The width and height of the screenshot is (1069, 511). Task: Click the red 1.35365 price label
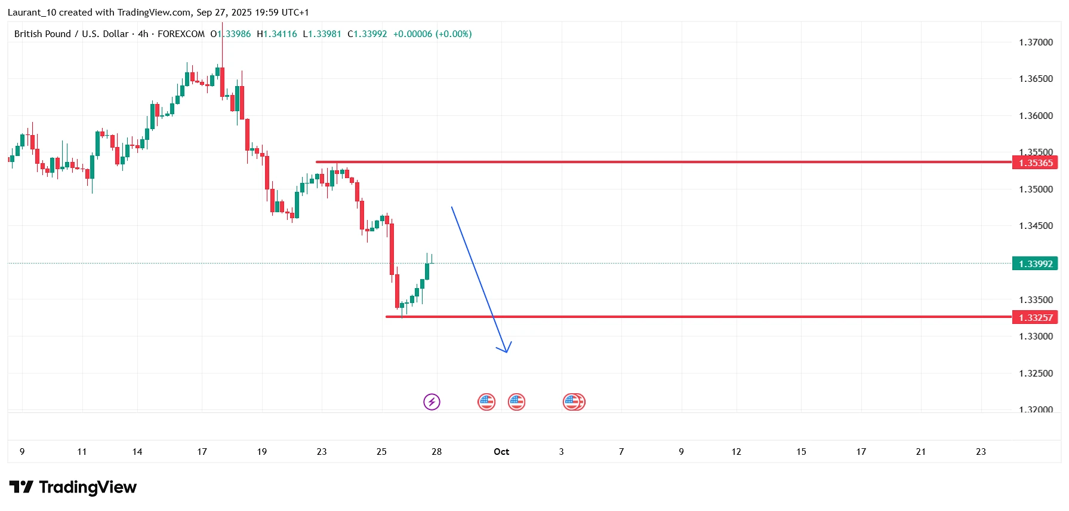(1035, 163)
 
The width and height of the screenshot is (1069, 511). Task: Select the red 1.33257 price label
(1035, 317)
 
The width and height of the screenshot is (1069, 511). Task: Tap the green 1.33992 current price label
(1035, 264)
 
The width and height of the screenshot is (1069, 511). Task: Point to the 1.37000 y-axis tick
(1036, 42)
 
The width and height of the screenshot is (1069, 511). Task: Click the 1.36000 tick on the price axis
(1036, 116)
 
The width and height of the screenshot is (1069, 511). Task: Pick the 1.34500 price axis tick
(1036, 226)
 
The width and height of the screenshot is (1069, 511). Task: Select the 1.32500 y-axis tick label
(1036, 374)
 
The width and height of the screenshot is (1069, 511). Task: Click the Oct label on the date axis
(501, 452)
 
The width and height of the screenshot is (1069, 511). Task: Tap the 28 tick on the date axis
(436, 452)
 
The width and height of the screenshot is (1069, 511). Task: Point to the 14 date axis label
(137, 452)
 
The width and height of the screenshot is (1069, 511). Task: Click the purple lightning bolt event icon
(432, 402)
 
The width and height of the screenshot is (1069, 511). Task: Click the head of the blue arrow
(506, 351)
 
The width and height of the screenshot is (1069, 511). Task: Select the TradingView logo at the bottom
(73, 487)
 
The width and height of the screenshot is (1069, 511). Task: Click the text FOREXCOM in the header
(181, 34)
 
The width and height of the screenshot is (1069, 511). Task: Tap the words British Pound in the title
(42, 34)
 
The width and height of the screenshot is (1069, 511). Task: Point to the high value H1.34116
(277, 34)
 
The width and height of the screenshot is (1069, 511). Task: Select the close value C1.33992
(367, 34)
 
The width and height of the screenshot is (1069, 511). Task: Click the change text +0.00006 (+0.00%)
(432, 34)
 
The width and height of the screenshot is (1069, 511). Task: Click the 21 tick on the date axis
(920, 452)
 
